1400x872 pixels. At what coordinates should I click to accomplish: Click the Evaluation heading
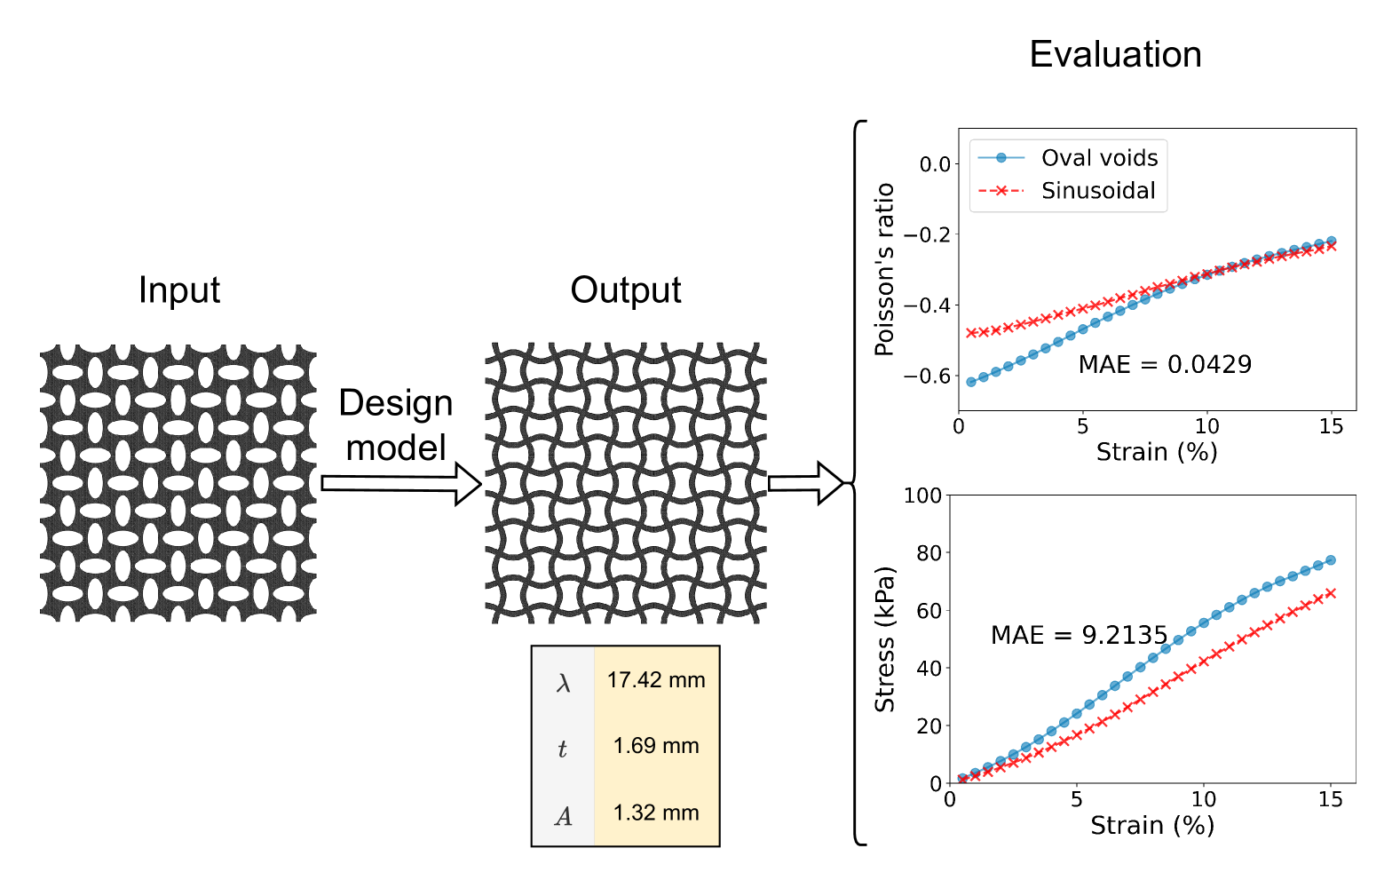(1115, 55)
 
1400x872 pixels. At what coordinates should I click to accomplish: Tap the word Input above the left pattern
(178, 290)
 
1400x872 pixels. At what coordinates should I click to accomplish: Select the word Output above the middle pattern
(626, 290)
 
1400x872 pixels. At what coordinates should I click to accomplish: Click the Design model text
(396, 425)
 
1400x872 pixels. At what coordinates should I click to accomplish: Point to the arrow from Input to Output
(400, 483)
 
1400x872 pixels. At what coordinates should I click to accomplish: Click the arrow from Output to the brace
(804, 483)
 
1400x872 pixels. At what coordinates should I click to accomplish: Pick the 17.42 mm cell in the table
(656, 680)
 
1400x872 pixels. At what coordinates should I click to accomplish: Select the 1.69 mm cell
(656, 746)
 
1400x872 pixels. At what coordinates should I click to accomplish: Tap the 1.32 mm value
(656, 813)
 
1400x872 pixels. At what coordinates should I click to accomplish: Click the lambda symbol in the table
(563, 683)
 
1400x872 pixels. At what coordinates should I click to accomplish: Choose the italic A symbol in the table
(563, 816)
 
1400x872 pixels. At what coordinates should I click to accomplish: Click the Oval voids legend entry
(1099, 158)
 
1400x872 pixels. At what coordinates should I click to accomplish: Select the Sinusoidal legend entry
(1098, 191)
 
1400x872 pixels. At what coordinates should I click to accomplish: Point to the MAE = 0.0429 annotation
(1165, 364)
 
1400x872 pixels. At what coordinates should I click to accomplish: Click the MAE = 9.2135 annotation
(1079, 635)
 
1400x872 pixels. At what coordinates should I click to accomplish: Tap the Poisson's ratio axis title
(884, 270)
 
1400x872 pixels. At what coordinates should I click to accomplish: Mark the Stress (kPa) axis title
(884, 639)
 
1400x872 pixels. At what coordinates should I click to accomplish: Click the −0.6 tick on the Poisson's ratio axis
(927, 377)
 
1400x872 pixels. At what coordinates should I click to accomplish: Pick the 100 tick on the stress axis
(922, 495)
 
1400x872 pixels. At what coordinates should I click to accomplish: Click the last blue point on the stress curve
(1330, 560)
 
